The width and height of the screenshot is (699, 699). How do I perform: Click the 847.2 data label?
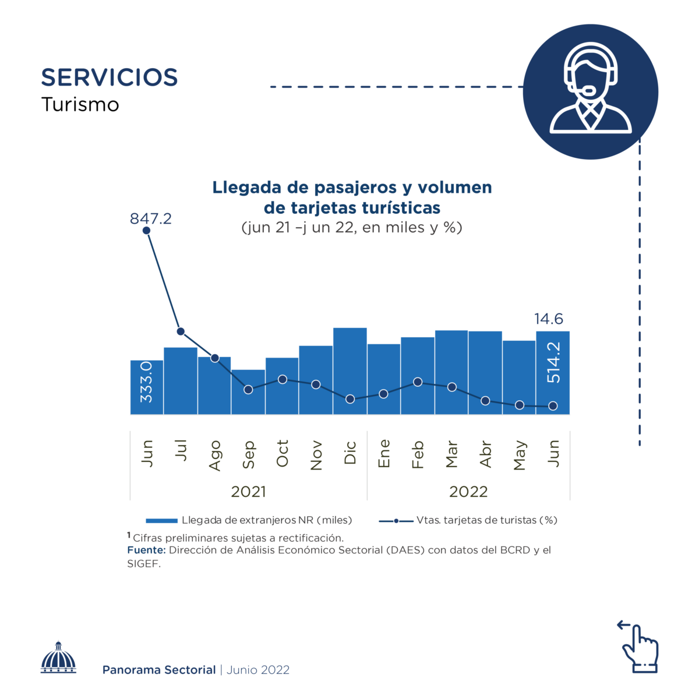pos(150,218)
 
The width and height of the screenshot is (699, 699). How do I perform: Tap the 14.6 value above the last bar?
pos(549,319)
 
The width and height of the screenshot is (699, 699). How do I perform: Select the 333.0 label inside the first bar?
pos(146,382)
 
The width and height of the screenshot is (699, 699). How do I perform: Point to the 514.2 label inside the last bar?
pos(553,362)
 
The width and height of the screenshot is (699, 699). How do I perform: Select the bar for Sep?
pos(248,402)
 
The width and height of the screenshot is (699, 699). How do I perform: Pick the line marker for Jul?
pos(181,331)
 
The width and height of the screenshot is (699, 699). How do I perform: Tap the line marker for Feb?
pos(418,382)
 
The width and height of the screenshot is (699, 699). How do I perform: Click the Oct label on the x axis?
pos(283,453)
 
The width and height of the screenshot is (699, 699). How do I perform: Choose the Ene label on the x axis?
pos(384,453)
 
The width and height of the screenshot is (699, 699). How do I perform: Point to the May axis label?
pos(520,455)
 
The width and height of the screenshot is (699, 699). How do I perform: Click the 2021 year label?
pos(248,492)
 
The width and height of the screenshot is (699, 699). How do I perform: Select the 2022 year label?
pos(468,492)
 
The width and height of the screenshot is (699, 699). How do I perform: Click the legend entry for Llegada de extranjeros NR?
pos(249,520)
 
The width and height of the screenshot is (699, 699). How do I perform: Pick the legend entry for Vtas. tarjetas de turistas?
pos(468,520)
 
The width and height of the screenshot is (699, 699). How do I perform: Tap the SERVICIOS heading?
pos(110,77)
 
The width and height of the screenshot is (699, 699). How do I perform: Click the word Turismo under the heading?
pos(80,105)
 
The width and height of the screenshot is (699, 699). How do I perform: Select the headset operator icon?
pos(591,91)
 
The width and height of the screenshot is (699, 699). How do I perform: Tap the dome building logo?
pos(58,658)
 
